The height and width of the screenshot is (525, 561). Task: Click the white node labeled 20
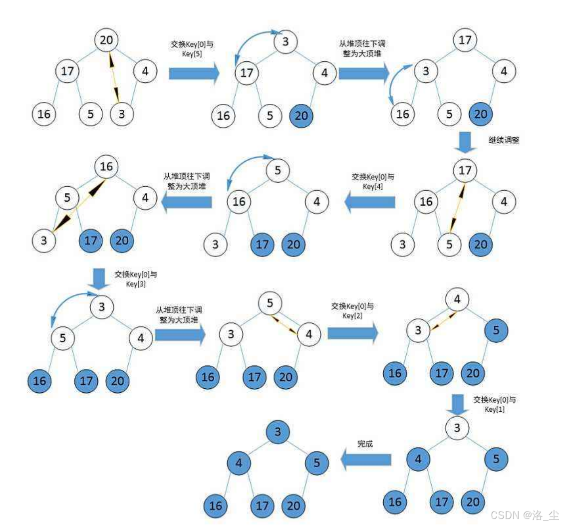point(106,39)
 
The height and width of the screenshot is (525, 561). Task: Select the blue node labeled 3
point(278,431)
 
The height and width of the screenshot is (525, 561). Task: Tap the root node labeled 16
point(106,166)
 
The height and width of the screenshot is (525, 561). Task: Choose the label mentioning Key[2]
point(352,311)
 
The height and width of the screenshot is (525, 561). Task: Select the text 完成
point(365,443)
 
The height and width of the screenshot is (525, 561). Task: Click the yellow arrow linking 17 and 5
point(457,207)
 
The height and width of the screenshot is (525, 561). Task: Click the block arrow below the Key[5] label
point(194,74)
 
